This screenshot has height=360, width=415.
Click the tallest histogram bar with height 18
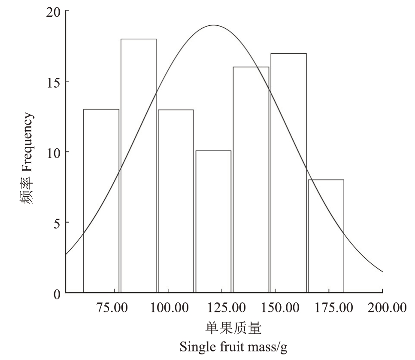coord(138,165)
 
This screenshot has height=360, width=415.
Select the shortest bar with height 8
coord(326,236)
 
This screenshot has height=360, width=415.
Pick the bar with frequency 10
coord(213,222)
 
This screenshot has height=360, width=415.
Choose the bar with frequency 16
coord(251,180)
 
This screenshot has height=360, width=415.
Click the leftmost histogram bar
coord(101,201)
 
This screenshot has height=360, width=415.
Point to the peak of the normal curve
coord(213,25)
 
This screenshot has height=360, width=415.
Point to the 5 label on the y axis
coord(57,223)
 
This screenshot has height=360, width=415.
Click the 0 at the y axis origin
coord(57,294)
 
